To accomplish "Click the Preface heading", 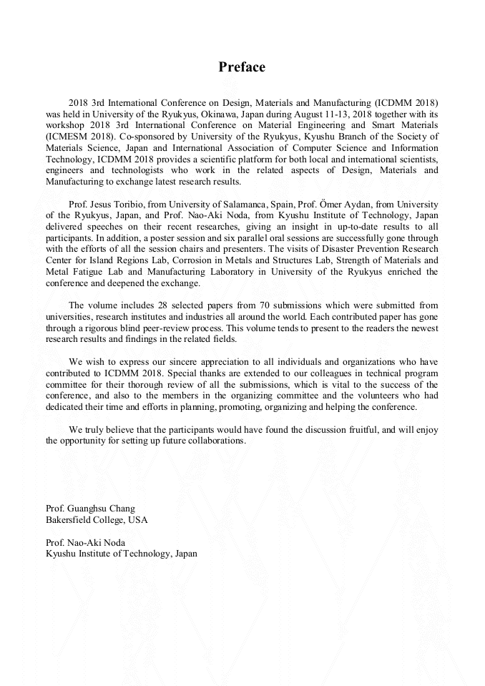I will coord(242,67).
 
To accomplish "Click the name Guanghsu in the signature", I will coord(97,509).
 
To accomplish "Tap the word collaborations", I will coord(214,441).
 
